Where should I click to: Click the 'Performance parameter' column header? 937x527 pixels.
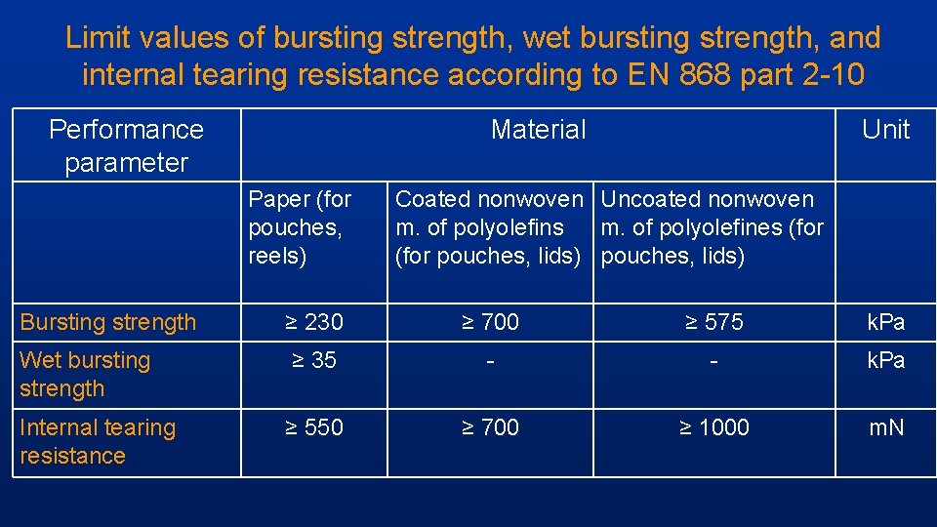click(x=126, y=145)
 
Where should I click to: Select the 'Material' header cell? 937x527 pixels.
click(x=538, y=130)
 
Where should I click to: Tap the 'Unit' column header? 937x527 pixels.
click(x=885, y=130)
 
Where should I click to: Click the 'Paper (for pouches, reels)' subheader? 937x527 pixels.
click(x=300, y=227)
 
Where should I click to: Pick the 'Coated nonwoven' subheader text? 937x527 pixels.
click(x=488, y=200)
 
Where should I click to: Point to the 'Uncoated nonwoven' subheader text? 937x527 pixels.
click(x=707, y=200)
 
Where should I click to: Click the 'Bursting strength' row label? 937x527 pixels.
click(x=107, y=322)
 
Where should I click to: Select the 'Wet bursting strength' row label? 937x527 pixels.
click(x=85, y=374)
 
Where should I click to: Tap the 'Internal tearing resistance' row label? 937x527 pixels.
click(x=97, y=441)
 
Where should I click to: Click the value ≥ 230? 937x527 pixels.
click(x=313, y=322)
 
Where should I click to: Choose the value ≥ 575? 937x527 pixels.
click(x=713, y=322)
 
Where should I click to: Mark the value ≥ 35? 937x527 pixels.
click(x=313, y=360)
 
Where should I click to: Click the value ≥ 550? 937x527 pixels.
click(x=313, y=427)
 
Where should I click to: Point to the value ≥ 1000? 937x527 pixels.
click(x=713, y=427)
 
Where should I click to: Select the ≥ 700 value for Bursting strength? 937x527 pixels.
click(x=489, y=322)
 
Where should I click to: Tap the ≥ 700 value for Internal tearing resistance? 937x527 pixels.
click(x=489, y=427)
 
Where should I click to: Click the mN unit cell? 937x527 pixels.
click(x=885, y=427)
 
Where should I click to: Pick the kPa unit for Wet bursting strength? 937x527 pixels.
click(x=885, y=360)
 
